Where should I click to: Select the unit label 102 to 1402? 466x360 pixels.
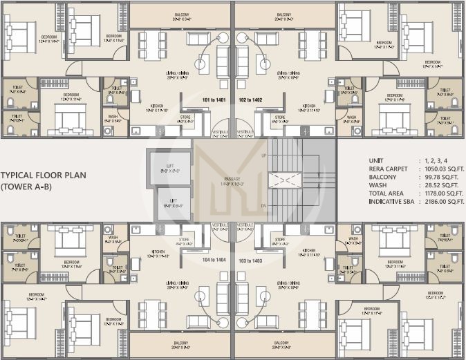pyautogui.click(x=250, y=100)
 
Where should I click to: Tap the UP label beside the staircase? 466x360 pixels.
pyautogui.click(x=263, y=155)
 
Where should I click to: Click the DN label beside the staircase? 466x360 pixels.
pyautogui.click(x=263, y=206)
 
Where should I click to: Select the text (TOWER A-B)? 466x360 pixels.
pyautogui.click(x=32, y=187)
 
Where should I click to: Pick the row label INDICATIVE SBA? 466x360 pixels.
pyautogui.click(x=394, y=201)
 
